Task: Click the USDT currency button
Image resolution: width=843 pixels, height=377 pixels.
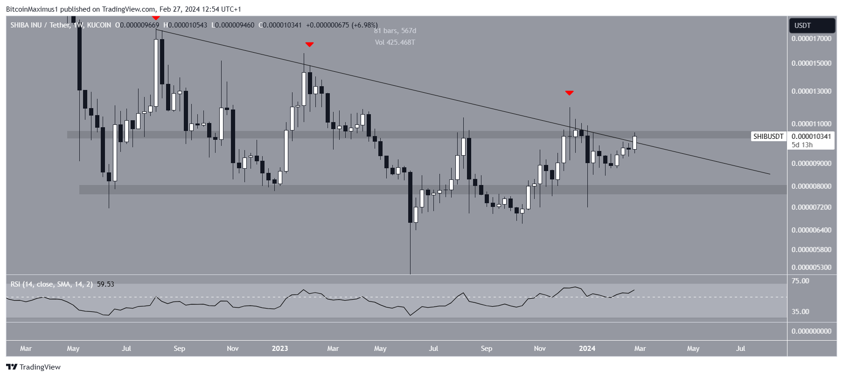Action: pos(811,26)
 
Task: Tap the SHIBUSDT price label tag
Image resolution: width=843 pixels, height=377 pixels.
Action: pos(768,137)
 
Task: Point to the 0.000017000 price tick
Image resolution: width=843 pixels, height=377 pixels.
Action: pos(811,39)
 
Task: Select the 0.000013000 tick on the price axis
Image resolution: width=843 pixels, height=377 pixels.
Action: pos(811,91)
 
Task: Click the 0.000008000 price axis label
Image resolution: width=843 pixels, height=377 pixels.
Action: pos(811,186)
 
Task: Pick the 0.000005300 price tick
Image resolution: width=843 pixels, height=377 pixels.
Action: pos(811,267)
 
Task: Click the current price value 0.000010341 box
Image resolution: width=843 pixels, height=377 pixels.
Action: pos(811,137)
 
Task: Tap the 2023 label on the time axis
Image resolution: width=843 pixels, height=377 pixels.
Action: pos(280,349)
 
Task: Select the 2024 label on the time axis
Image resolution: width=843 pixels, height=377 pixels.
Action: pos(587,349)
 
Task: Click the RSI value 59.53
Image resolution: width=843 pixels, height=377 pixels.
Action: pos(105,284)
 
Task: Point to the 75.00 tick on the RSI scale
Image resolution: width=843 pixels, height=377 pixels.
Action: pos(801,281)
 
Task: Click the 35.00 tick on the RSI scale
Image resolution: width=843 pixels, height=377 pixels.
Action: pos(801,312)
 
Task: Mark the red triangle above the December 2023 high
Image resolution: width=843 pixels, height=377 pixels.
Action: pos(569,93)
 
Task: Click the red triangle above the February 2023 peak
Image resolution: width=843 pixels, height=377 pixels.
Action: pos(309,45)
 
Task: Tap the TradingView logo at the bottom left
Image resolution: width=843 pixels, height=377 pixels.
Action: pos(34,367)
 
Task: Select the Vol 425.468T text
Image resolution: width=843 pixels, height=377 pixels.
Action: pos(395,42)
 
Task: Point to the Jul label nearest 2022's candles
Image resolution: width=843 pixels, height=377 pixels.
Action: pos(126,349)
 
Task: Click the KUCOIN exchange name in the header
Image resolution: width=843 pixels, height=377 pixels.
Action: pos(99,25)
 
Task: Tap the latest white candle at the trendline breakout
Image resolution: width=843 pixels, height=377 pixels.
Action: pos(634,142)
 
